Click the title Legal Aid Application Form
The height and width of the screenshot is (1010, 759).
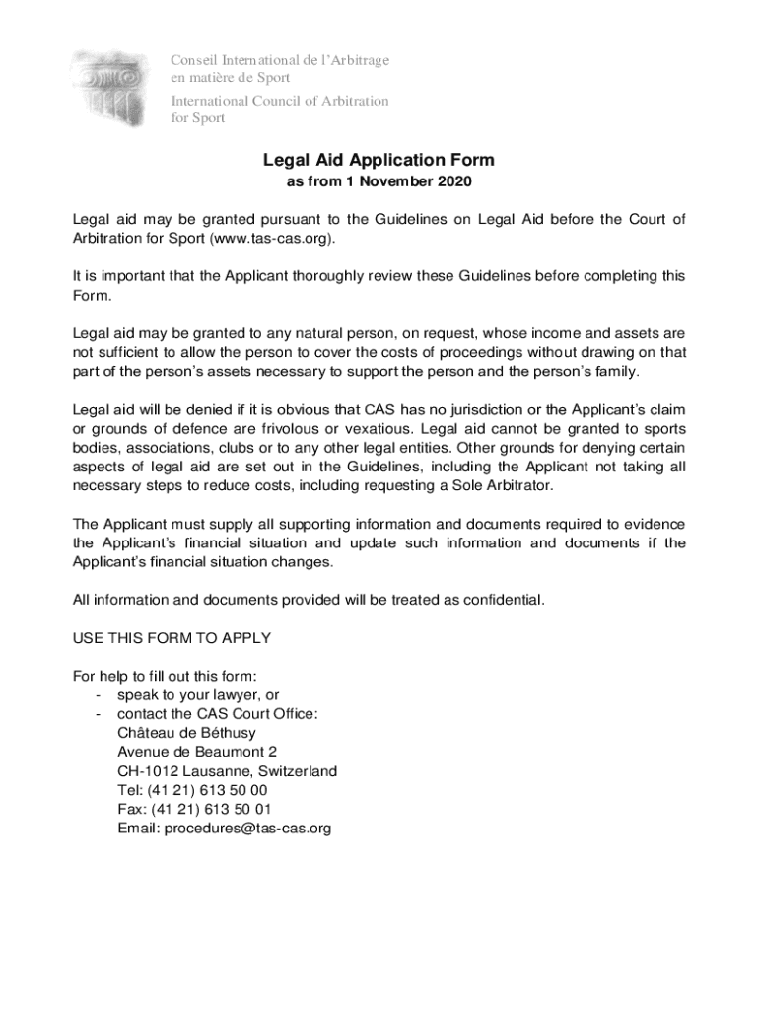tap(379, 160)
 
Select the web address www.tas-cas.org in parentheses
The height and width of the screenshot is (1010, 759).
tap(272, 239)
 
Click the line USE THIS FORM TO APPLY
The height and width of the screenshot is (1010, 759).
tap(172, 638)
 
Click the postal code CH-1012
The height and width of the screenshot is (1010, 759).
tap(148, 771)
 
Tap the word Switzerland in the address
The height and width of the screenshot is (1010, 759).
tap(293, 771)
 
